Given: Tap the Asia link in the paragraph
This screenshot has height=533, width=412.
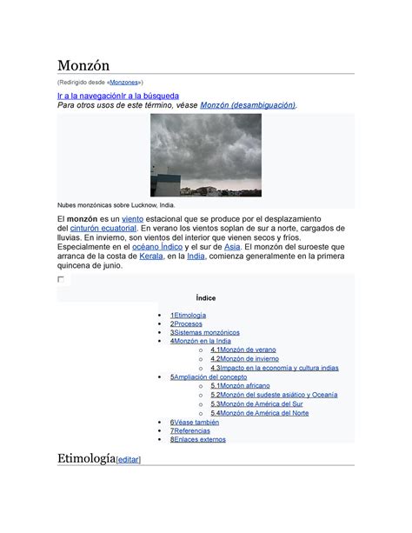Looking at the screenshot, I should click(232, 247).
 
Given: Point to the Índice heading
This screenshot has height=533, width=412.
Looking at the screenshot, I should click(206, 297).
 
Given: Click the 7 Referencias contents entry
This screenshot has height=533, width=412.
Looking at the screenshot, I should click(189, 430).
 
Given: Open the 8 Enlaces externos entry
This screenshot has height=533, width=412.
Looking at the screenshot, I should click(198, 439).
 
